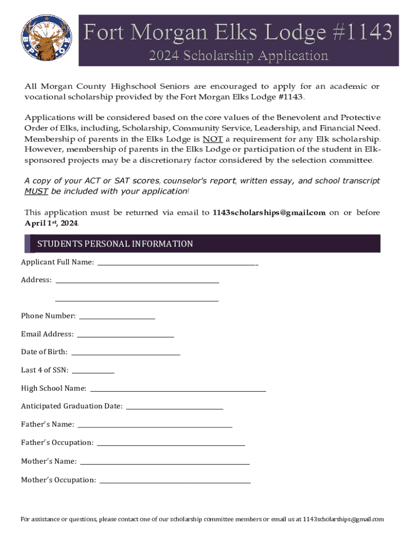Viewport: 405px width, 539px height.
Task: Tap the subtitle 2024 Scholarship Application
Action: point(238,55)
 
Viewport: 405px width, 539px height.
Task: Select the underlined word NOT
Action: point(212,139)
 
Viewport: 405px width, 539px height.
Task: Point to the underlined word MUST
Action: point(37,191)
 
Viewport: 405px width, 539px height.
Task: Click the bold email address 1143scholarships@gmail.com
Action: point(269,213)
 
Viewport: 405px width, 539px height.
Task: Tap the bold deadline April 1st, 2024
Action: point(52,223)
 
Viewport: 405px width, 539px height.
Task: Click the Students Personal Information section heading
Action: point(115,244)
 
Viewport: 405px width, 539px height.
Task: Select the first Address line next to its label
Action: point(137,280)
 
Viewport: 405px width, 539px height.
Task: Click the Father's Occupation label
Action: point(57,443)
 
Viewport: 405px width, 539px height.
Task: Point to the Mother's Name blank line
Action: point(165,462)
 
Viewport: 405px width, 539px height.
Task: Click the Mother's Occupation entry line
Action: point(175,480)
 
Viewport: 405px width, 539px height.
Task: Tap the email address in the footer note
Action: point(343,519)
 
